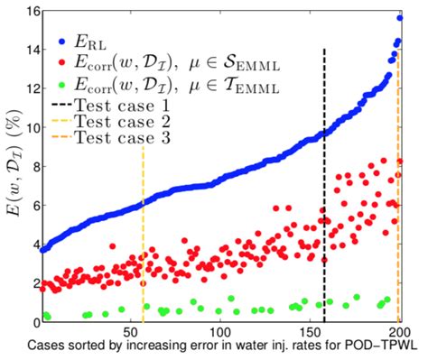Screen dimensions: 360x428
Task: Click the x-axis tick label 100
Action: pyautogui.click(x=219, y=332)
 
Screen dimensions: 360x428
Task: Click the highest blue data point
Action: pyautogui.click(x=399, y=18)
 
